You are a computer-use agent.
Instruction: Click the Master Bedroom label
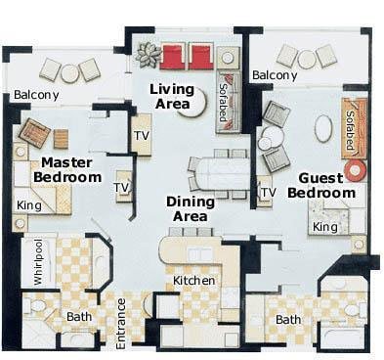(x=67, y=170)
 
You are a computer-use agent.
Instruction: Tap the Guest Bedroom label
(x=321, y=186)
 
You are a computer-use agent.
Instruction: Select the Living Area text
(x=172, y=97)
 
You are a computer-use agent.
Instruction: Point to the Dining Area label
(x=191, y=209)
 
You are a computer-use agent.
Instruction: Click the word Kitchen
(x=193, y=281)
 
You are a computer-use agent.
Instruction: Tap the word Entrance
(x=121, y=324)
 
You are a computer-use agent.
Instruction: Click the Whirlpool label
(x=38, y=262)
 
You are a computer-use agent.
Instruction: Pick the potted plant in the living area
(x=149, y=55)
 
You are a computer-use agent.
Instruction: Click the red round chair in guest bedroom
(x=356, y=170)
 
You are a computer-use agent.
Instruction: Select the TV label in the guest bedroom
(x=269, y=193)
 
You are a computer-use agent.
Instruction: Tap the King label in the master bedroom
(x=29, y=205)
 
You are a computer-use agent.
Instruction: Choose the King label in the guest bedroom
(x=325, y=227)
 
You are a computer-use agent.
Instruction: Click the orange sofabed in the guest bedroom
(x=354, y=128)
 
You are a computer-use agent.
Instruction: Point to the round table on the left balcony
(x=69, y=73)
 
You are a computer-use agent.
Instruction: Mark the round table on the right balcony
(x=307, y=60)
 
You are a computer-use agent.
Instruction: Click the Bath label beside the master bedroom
(x=79, y=317)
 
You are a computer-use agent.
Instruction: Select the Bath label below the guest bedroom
(x=288, y=320)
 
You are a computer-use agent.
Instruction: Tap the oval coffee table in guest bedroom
(x=324, y=129)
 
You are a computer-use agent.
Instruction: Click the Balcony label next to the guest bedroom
(x=275, y=75)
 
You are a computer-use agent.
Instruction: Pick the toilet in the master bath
(x=37, y=305)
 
